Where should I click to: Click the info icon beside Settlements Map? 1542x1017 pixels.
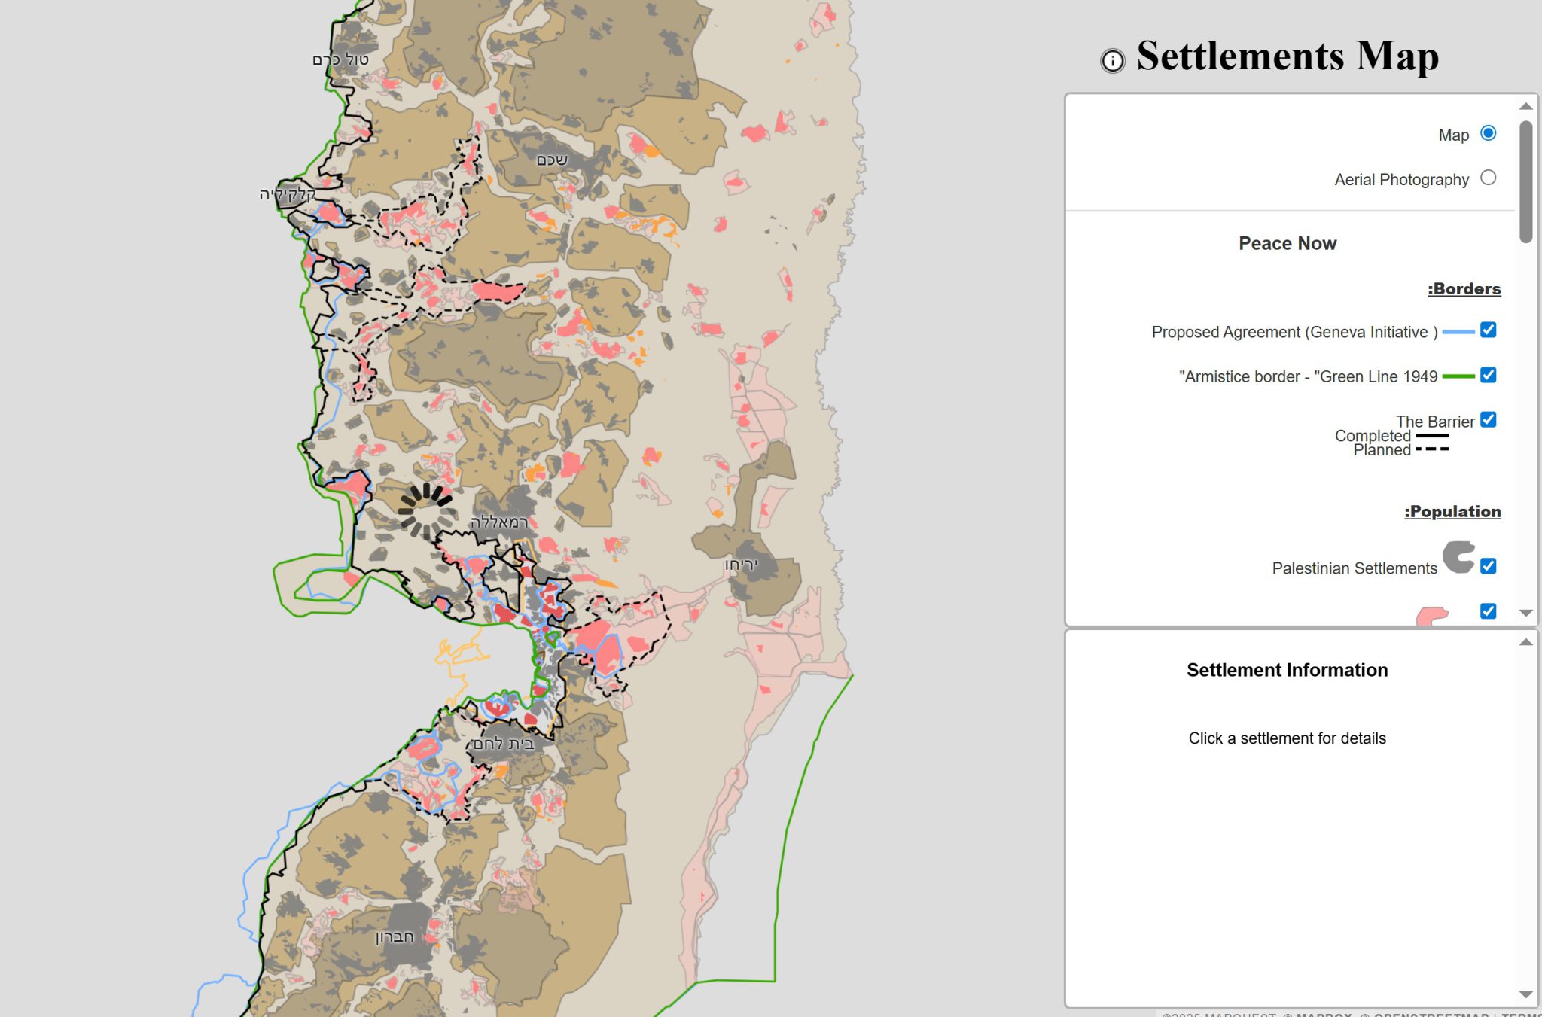click(x=1112, y=60)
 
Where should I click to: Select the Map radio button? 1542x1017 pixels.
click(x=1488, y=133)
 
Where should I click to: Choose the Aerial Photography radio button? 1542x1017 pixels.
click(x=1488, y=178)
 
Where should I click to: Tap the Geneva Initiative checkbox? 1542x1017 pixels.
click(x=1488, y=330)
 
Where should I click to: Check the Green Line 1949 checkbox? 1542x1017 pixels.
click(x=1488, y=375)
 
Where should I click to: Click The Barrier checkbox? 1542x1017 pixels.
click(x=1488, y=419)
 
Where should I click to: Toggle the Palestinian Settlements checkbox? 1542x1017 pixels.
click(x=1488, y=566)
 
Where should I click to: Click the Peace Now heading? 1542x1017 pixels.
click(x=1288, y=243)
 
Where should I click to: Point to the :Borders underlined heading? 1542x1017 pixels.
click(x=1464, y=289)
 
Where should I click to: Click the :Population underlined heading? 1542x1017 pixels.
click(x=1452, y=512)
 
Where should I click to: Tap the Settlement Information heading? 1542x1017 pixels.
click(x=1287, y=670)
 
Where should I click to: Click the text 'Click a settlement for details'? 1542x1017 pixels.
click(x=1287, y=738)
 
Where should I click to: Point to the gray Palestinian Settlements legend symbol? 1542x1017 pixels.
click(x=1458, y=558)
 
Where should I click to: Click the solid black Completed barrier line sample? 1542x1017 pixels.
click(x=1432, y=436)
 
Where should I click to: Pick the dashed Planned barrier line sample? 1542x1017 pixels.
click(x=1432, y=449)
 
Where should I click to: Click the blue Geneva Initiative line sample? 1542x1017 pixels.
click(x=1458, y=332)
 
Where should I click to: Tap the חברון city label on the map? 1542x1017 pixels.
click(x=395, y=937)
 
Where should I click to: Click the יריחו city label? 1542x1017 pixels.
click(x=741, y=565)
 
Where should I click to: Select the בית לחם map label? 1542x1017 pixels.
click(x=504, y=744)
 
